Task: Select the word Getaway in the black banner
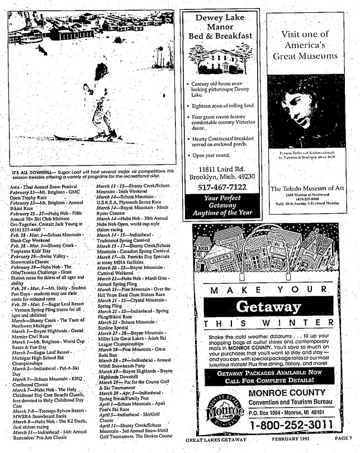(268, 306)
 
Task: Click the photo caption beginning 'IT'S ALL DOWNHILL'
(93, 172)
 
